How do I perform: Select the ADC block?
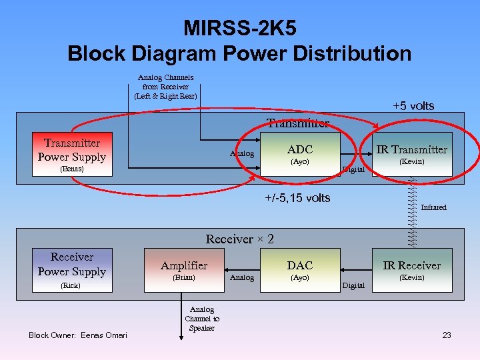coord(299,154)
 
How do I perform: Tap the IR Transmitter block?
coord(411,154)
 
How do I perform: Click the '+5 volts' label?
coord(413,106)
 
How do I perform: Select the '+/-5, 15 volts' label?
coord(297,197)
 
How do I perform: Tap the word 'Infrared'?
coord(433,207)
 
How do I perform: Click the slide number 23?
coord(447,335)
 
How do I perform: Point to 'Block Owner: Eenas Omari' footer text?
coord(77,335)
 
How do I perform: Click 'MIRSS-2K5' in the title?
coord(239,29)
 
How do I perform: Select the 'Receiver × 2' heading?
coord(240,239)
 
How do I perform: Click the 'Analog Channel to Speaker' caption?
coord(201,319)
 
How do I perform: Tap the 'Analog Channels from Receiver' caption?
coord(165,87)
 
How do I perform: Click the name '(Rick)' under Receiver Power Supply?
coord(71,285)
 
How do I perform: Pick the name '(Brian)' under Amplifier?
coord(184,277)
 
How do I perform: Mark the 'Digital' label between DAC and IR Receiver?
coord(353,285)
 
